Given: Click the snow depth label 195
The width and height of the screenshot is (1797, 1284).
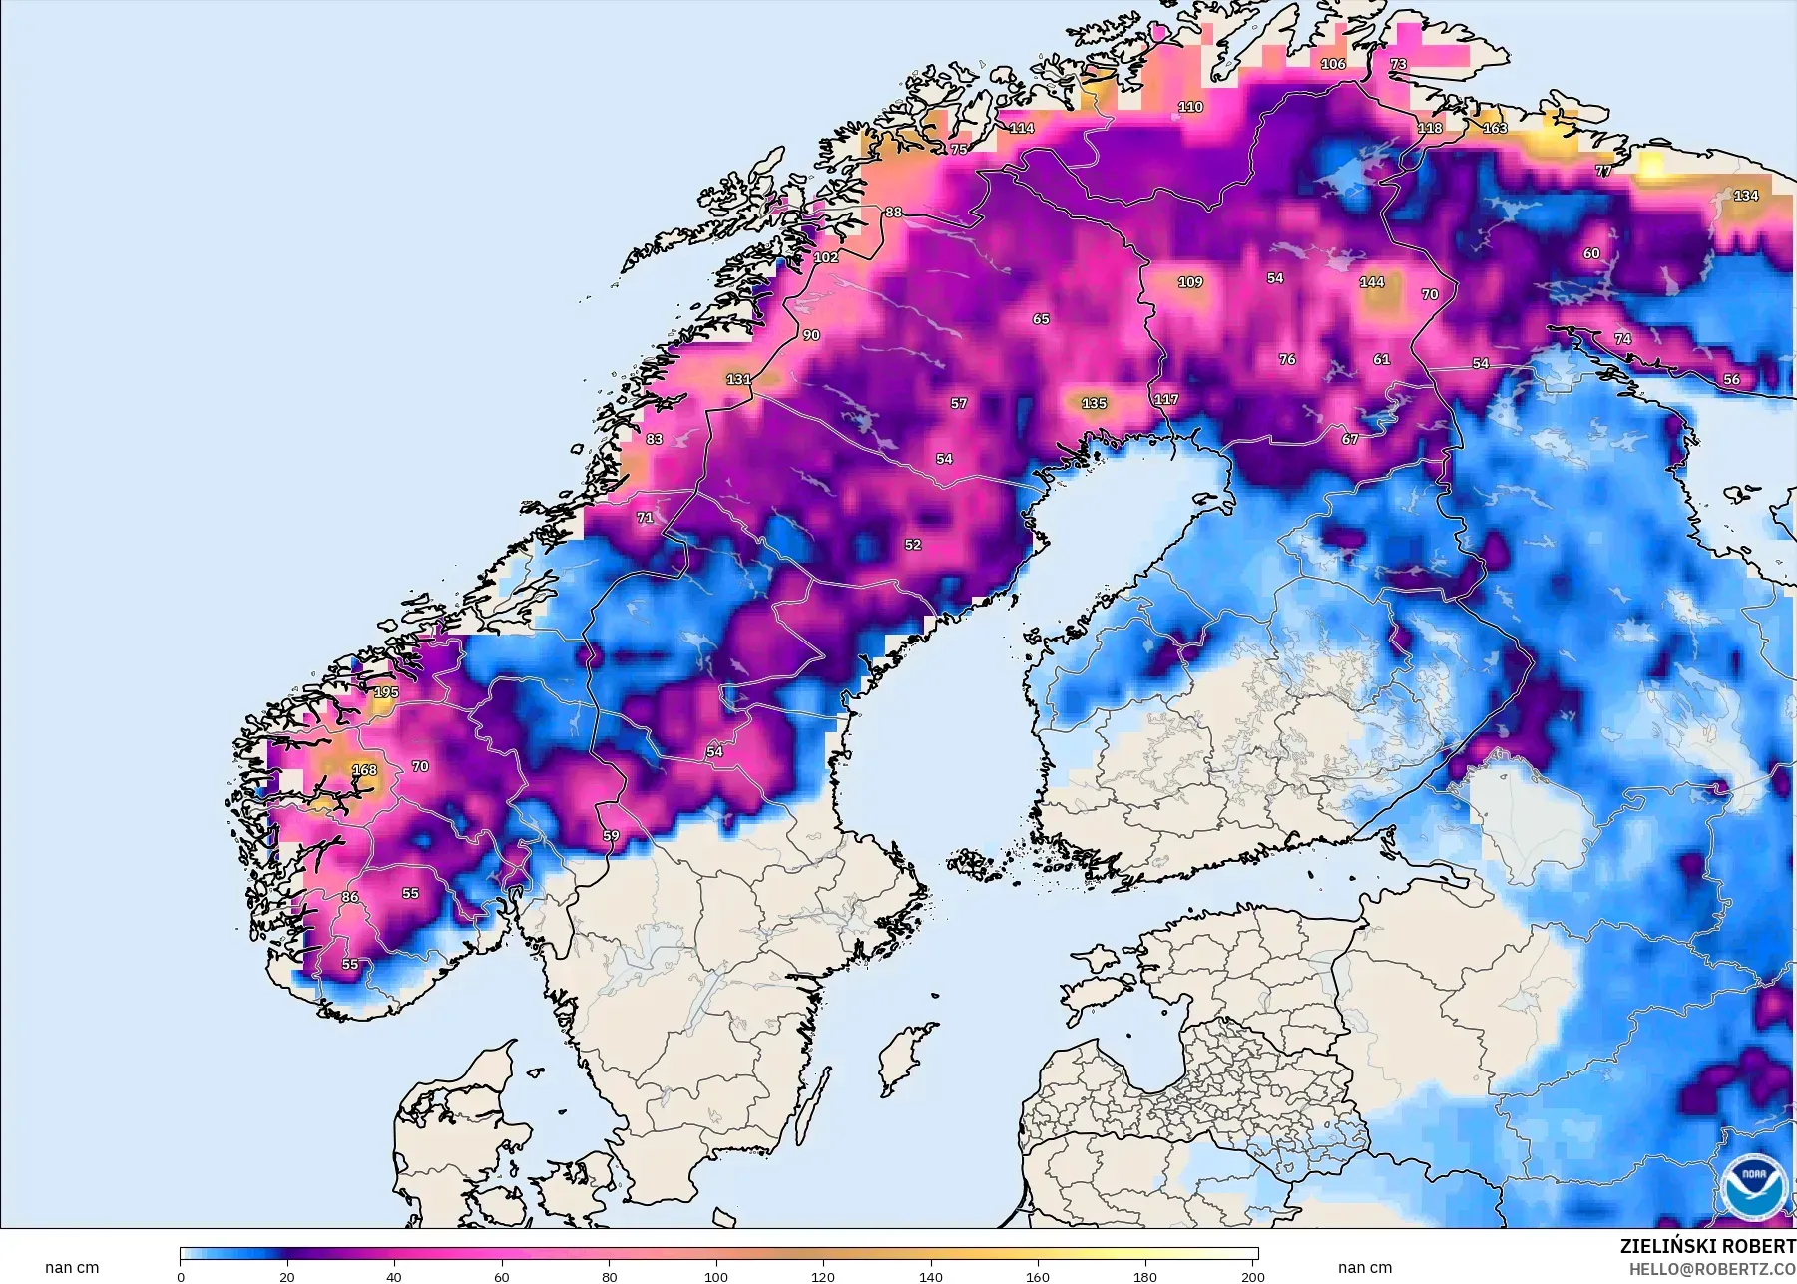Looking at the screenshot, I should point(386,692).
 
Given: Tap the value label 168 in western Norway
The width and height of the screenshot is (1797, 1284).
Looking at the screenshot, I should point(365,770).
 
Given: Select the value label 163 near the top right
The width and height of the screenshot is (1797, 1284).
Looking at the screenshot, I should point(1495,129).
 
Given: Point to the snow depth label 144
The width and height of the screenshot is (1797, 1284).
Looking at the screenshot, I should point(1372,282).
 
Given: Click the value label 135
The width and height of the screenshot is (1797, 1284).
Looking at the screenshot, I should point(1094,404).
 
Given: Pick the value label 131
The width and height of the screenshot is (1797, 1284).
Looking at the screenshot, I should point(738,380).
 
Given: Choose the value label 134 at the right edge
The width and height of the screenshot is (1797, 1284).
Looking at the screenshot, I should point(1746,196).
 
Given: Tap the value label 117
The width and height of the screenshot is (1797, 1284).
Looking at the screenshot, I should point(1166,400).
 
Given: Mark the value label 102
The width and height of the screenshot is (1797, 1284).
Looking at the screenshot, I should point(826,257).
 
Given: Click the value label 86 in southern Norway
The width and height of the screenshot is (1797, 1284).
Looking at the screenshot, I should point(350,897).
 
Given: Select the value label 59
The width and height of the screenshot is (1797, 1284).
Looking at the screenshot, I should point(611,836).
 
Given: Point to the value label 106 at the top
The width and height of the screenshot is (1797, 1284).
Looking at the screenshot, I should point(1333,64).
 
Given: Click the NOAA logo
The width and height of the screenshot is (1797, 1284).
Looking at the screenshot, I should point(1752,1186).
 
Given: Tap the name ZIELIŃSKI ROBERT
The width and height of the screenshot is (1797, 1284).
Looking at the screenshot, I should point(1707,1247).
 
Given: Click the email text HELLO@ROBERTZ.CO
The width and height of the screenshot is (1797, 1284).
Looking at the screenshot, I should point(1712,1269).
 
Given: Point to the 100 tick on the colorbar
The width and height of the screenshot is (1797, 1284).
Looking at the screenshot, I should point(716,1276).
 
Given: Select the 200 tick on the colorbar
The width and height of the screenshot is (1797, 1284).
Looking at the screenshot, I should point(1253,1276).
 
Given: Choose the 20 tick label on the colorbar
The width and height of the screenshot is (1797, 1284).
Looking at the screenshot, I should point(287,1276).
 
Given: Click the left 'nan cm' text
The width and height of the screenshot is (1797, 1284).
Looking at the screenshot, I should point(72,1268).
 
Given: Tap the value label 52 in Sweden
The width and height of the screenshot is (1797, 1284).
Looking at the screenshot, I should point(913,545).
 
